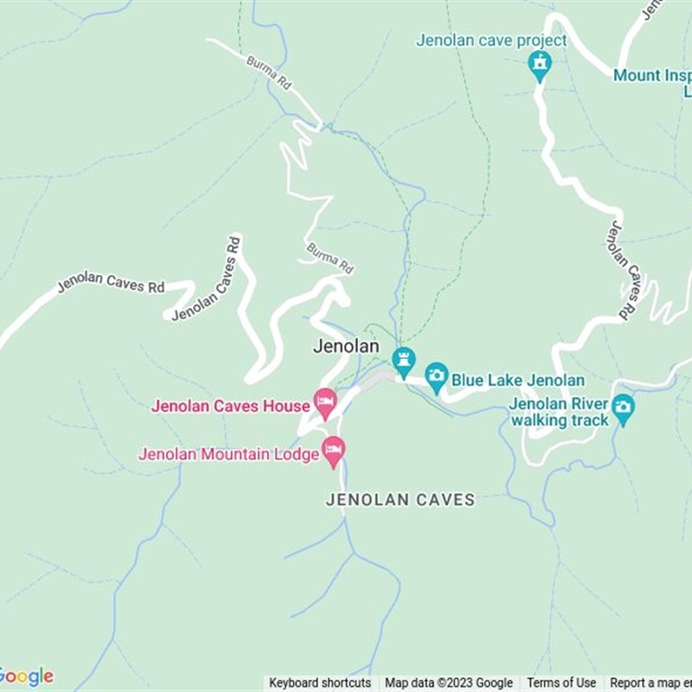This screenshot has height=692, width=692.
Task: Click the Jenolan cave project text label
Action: tap(491, 41)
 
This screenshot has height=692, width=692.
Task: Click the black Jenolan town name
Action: tap(345, 347)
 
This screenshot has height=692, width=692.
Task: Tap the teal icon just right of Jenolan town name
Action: tap(403, 361)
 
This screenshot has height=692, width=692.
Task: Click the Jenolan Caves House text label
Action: tap(230, 406)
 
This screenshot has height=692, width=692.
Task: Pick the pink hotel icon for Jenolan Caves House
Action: tap(325, 402)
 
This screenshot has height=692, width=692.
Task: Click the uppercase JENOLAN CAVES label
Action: tap(400, 500)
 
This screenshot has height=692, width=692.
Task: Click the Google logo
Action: tap(26, 676)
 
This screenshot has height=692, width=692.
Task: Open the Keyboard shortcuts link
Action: tap(320, 683)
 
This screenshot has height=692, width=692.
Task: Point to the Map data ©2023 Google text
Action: tap(449, 683)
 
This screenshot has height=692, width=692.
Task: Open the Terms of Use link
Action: tap(561, 683)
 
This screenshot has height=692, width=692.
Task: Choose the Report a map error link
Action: tap(650, 683)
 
